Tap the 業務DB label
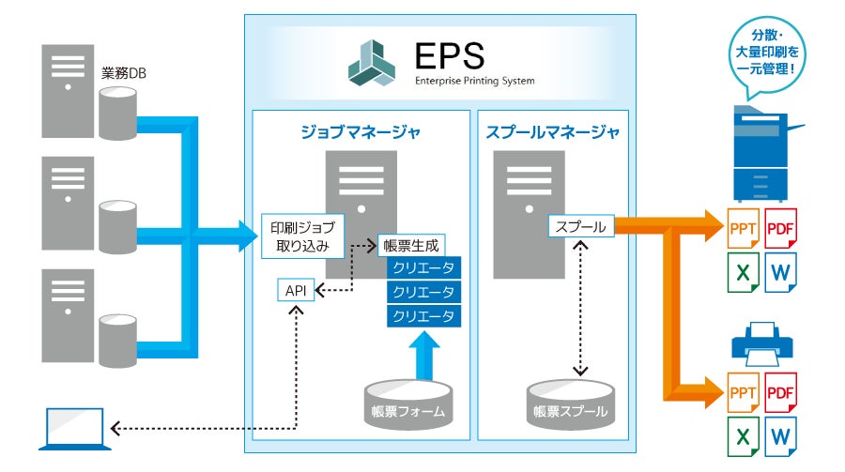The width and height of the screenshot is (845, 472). (x=123, y=72)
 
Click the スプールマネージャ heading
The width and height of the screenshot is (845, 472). (x=552, y=132)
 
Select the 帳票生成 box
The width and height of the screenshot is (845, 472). (x=410, y=246)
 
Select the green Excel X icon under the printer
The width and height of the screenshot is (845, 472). (x=743, y=435)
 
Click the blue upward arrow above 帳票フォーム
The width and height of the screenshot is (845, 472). (x=424, y=356)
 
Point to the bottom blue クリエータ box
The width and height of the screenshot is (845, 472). (x=424, y=316)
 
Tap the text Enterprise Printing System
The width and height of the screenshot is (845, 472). (x=474, y=81)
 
